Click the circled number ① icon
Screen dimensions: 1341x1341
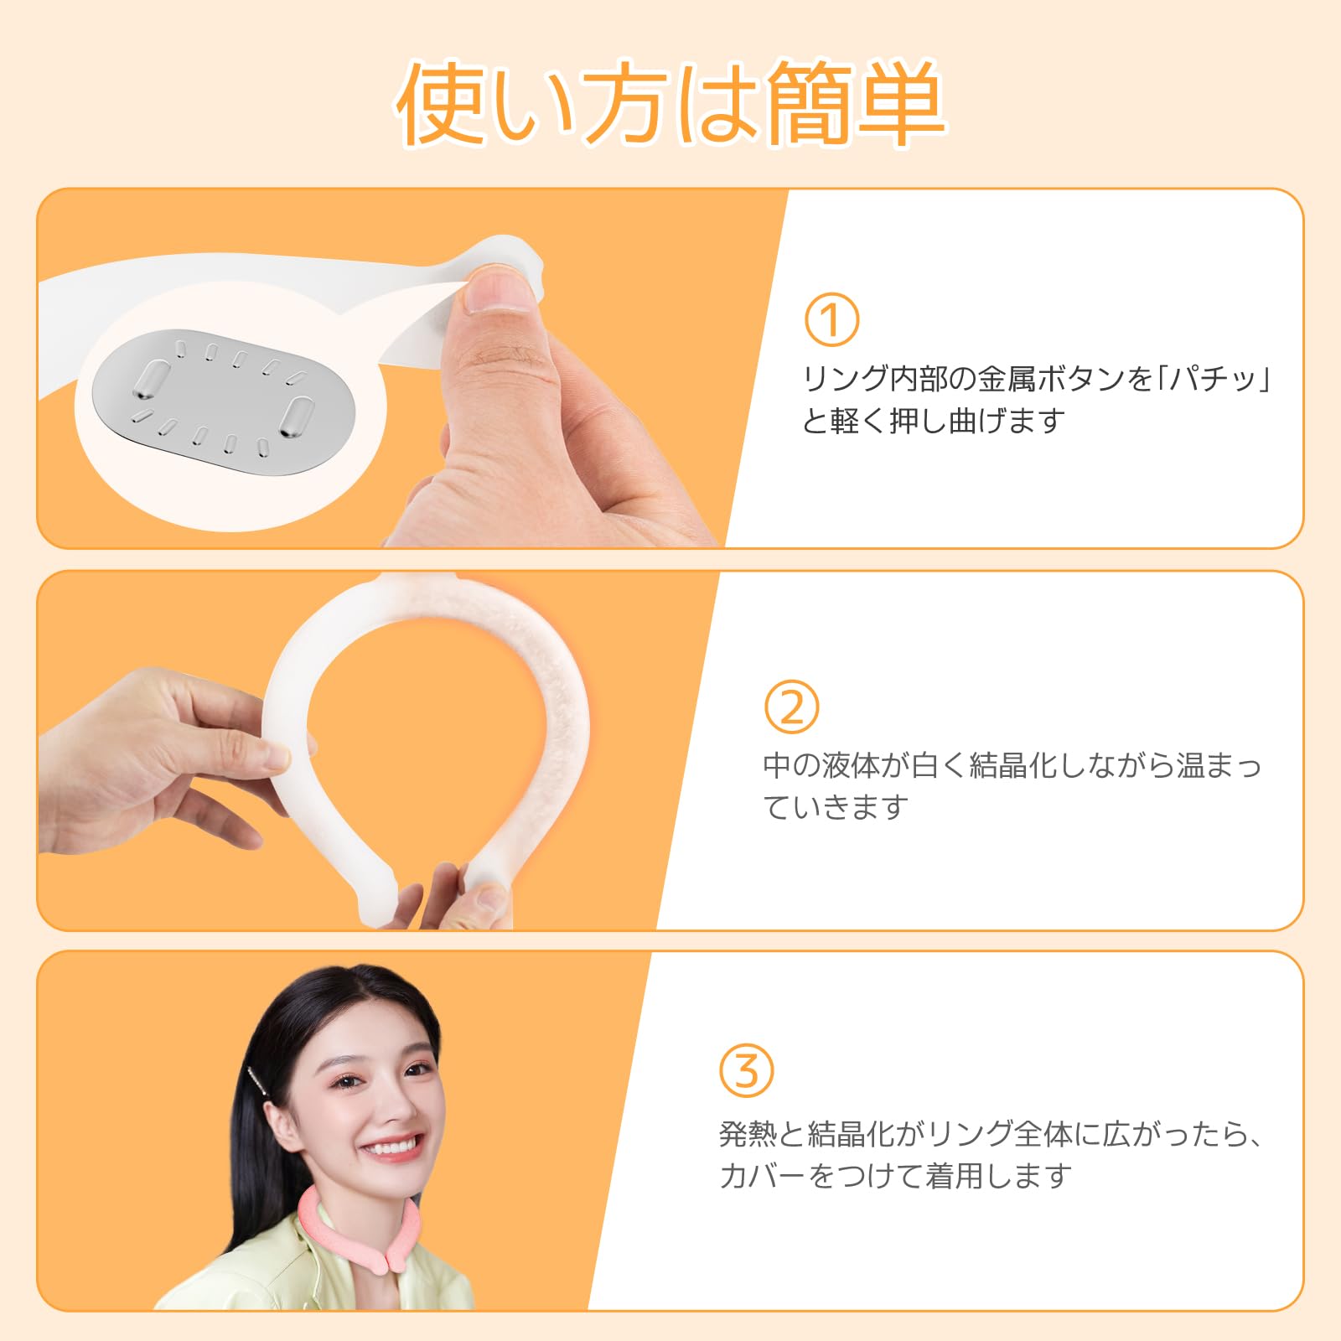(831, 319)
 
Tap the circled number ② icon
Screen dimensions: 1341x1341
(791, 707)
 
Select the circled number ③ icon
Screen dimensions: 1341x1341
(746, 1070)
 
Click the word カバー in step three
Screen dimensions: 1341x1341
(761, 1176)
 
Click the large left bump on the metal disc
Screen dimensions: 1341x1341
(151, 379)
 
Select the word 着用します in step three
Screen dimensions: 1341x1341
(997, 1176)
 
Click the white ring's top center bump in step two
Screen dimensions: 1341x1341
(419, 580)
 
